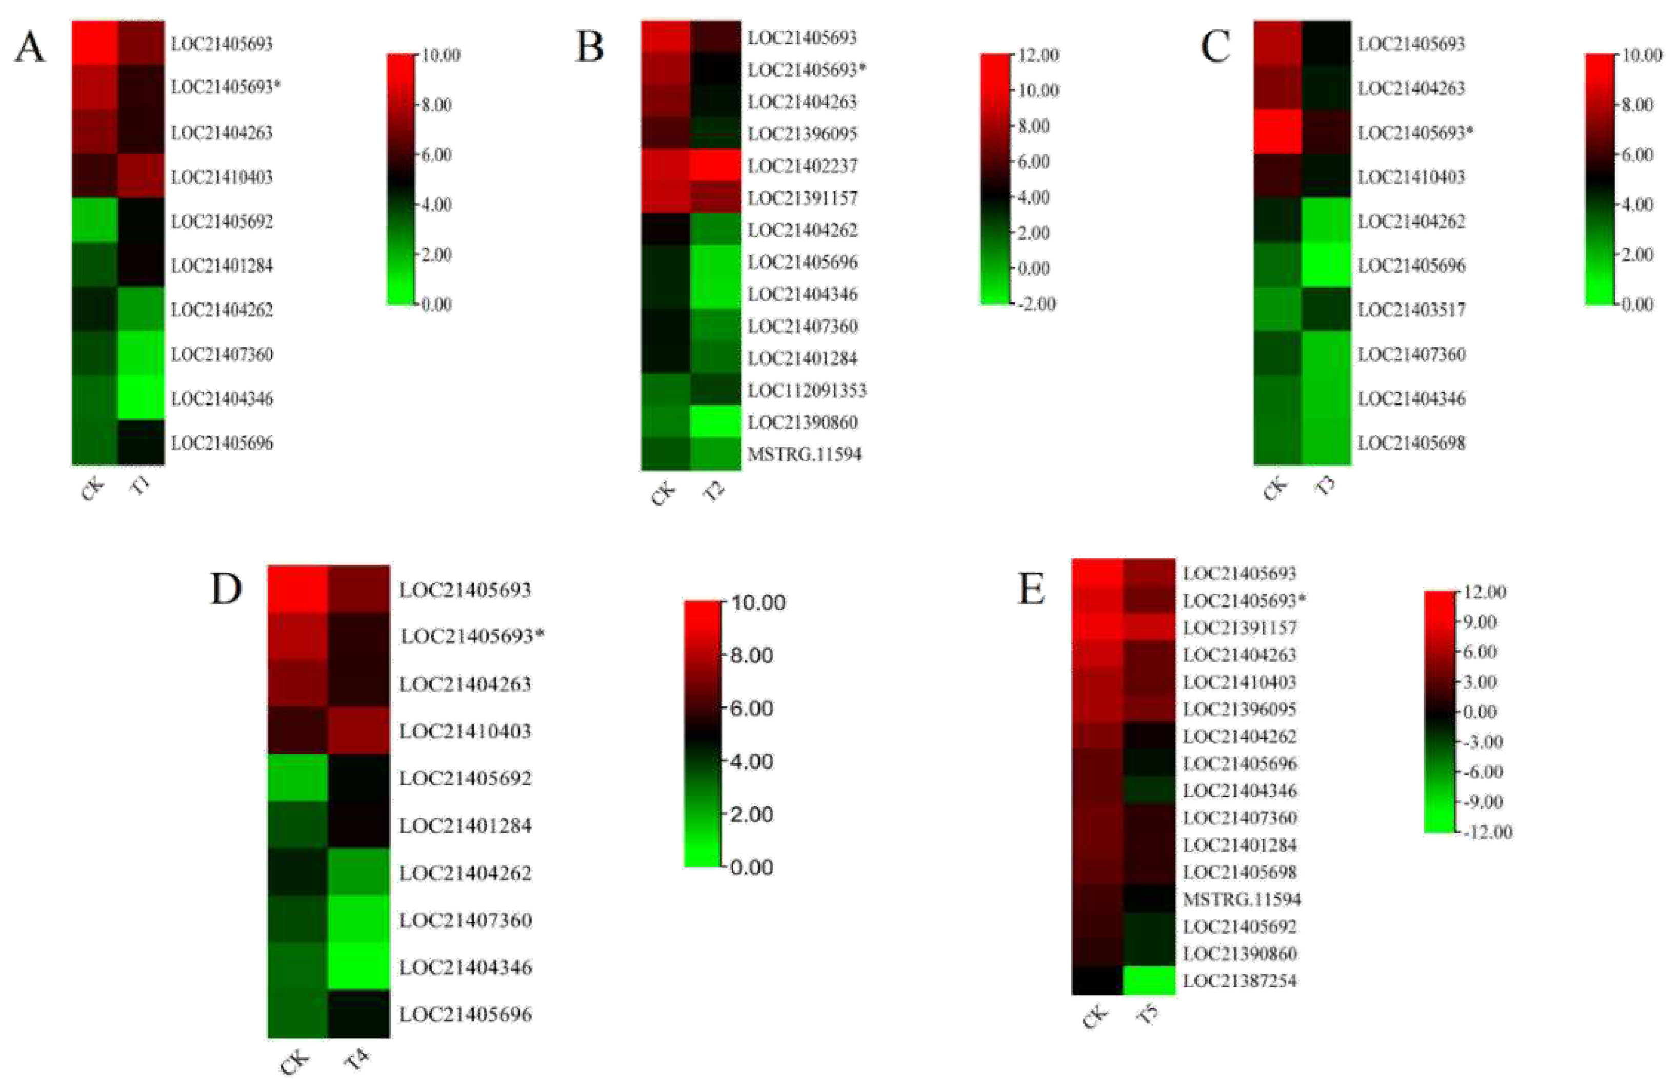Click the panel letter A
pyautogui.click(x=30, y=48)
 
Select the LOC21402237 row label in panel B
pyautogui.click(x=803, y=166)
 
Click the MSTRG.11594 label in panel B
pyautogui.click(x=804, y=454)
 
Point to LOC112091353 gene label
pyautogui.click(x=807, y=390)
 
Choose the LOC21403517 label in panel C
pyautogui.click(x=1411, y=310)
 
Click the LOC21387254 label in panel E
pyautogui.click(x=1240, y=980)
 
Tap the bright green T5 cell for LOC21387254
pyautogui.click(x=1149, y=980)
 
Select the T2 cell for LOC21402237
pyautogui.click(x=715, y=166)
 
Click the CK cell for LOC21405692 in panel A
pyautogui.click(x=95, y=220)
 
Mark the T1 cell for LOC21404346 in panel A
pyautogui.click(x=141, y=398)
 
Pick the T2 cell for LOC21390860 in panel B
pyautogui.click(x=715, y=422)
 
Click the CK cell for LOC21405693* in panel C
pyautogui.click(x=1277, y=132)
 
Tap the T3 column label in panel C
pyautogui.click(x=1325, y=487)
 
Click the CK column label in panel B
pyautogui.click(x=663, y=494)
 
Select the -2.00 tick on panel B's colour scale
pyautogui.click(x=1036, y=304)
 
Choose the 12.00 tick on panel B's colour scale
pyautogui.click(x=1037, y=55)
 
